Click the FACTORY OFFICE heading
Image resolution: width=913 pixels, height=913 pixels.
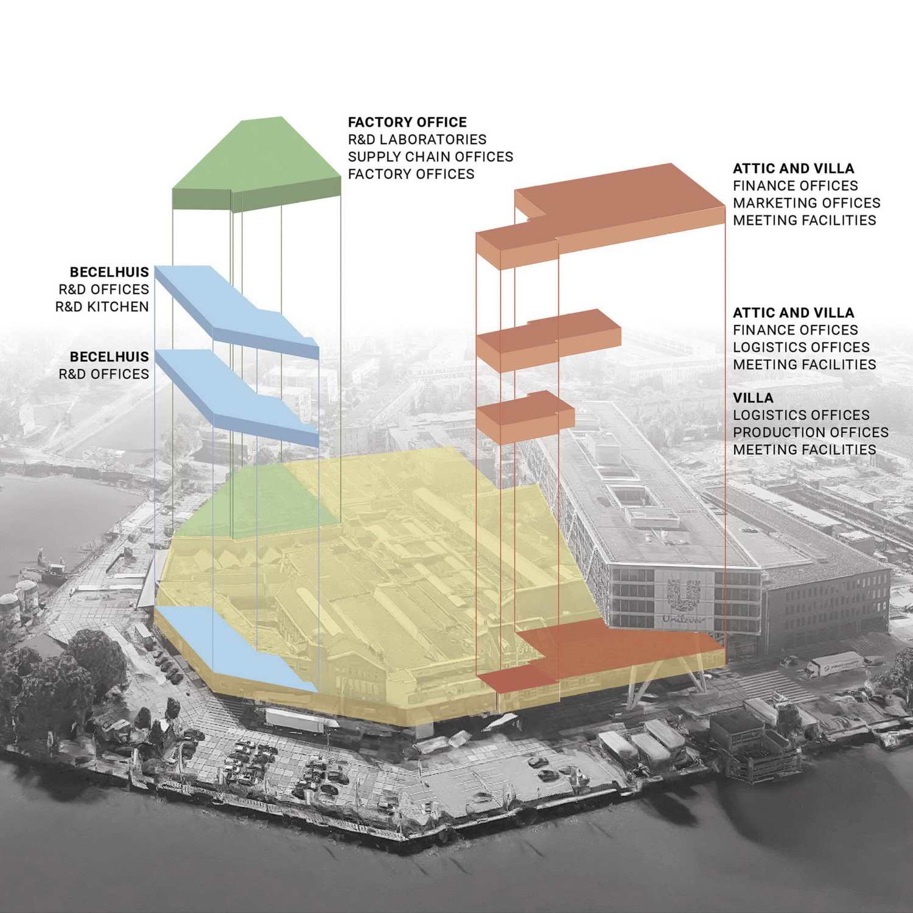pyautogui.click(x=407, y=122)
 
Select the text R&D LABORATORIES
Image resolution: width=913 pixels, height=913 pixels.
pyautogui.click(x=417, y=139)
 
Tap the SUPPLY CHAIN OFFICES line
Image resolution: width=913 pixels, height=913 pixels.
pyautogui.click(x=430, y=156)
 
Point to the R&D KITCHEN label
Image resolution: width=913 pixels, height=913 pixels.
pyautogui.click(x=102, y=307)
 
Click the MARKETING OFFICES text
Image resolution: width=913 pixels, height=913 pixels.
pyautogui.click(x=806, y=203)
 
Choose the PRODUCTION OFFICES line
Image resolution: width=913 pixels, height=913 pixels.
pyautogui.click(x=811, y=432)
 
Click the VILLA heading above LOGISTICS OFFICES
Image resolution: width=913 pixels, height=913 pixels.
pyautogui.click(x=753, y=398)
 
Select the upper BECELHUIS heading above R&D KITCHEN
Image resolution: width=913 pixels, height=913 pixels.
pyautogui.click(x=110, y=273)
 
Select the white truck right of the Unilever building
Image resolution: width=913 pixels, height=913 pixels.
pyautogui.click(x=833, y=664)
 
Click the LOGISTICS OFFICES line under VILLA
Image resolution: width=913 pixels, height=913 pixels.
pyautogui.click(x=801, y=415)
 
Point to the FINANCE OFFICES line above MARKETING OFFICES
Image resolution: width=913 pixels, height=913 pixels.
pyautogui.click(x=796, y=186)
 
